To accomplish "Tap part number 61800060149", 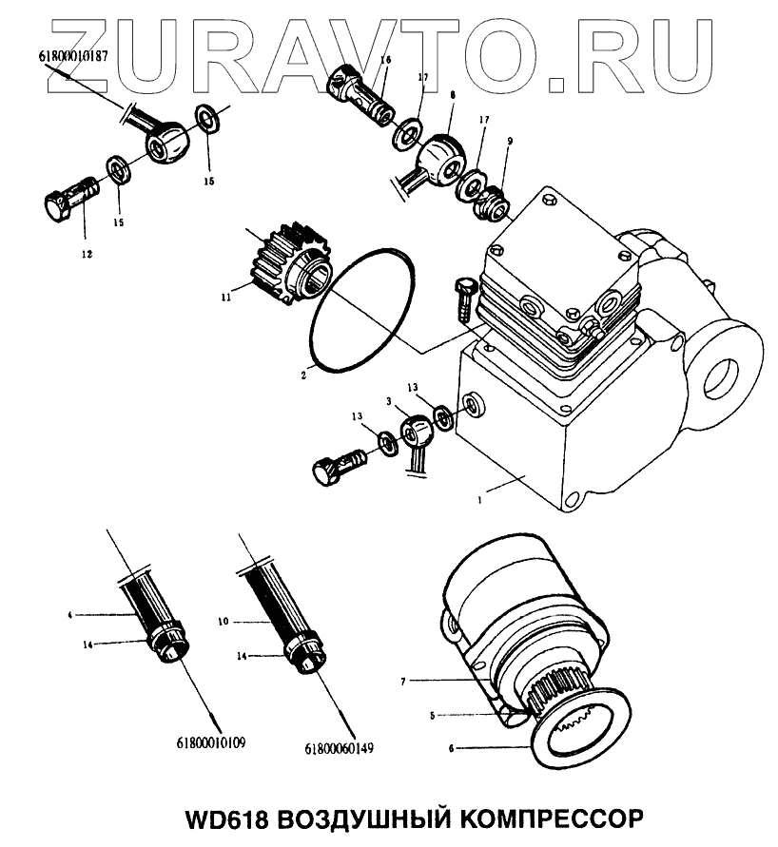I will point(340,747).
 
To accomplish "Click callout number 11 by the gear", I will point(226,298).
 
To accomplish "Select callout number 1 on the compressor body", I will point(481,497).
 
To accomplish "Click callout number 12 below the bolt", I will point(86,254).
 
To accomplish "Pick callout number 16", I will point(385,60).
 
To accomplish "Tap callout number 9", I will point(510,141).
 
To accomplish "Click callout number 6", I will point(451,748).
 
